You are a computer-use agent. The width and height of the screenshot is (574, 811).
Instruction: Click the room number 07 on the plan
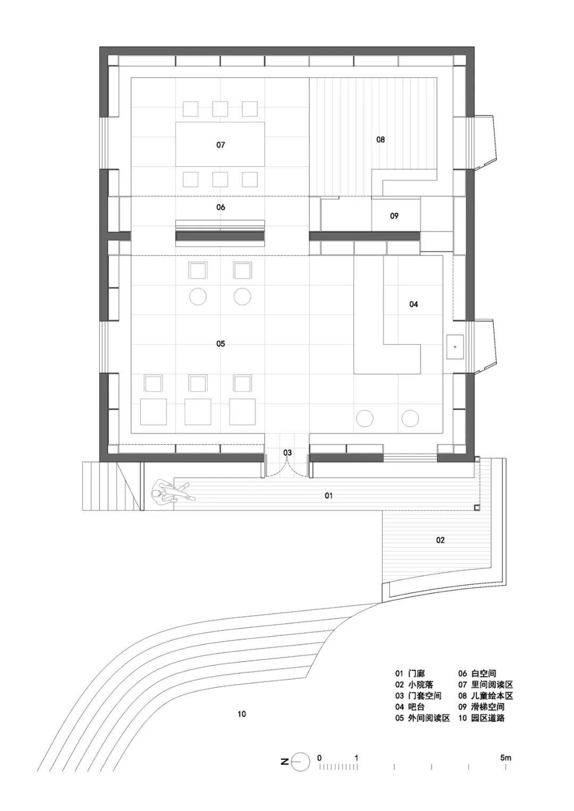point(221,145)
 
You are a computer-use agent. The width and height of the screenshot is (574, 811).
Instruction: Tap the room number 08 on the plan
point(380,139)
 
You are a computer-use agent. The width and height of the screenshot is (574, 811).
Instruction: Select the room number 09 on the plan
point(394,216)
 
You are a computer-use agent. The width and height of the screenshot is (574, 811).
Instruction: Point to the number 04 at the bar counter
point(413,304)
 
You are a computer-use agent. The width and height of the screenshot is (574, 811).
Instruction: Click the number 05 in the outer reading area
point(221,343)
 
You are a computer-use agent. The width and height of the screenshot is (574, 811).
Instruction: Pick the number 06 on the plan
point(221,207)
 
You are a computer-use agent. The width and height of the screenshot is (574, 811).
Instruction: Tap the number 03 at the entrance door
point(288,453)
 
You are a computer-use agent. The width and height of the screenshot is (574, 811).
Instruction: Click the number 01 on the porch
point(328,496)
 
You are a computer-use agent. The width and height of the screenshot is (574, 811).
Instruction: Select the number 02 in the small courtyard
point(440,540)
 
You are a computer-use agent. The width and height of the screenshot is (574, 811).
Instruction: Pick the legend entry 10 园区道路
point(482,718)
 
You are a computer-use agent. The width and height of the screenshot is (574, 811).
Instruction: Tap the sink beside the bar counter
point(455,347)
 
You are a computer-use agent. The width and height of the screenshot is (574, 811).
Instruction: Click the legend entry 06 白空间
point(477,673)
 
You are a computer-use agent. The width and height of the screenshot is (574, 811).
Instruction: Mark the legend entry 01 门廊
point(410,673)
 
